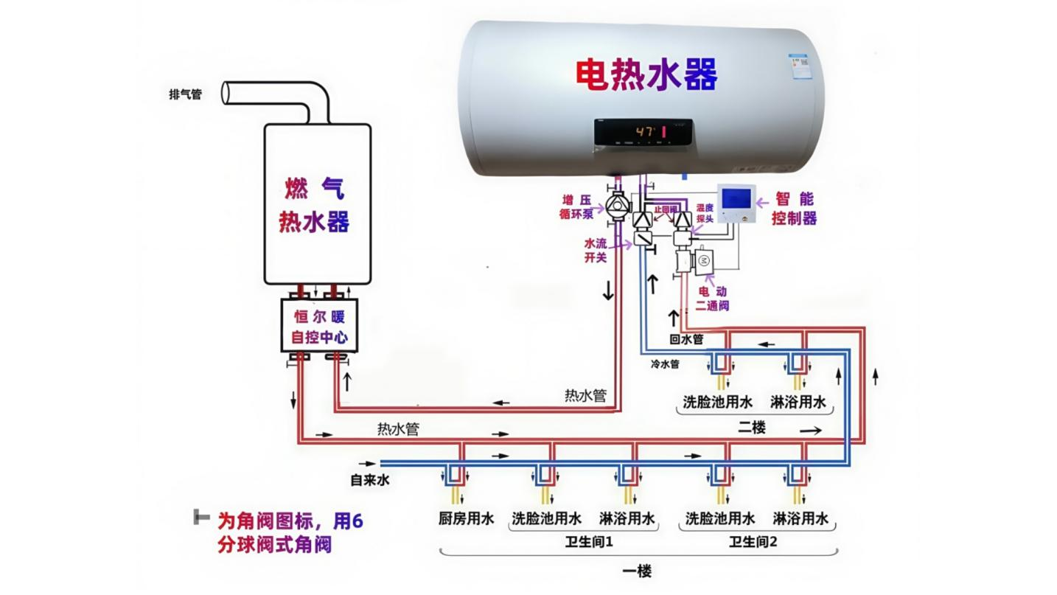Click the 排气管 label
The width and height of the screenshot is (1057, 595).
[185, 94]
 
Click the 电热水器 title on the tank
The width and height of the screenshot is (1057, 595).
[646, 74]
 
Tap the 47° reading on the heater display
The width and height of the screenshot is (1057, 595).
[646, 131]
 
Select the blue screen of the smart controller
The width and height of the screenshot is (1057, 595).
[736, 198]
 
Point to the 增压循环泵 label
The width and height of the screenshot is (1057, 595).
[576, 206]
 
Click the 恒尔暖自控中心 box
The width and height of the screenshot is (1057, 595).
[319, 327]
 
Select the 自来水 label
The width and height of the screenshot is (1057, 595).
[369, 481]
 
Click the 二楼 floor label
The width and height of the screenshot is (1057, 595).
[752, 428]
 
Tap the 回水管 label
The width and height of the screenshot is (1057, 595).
[686, 340]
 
